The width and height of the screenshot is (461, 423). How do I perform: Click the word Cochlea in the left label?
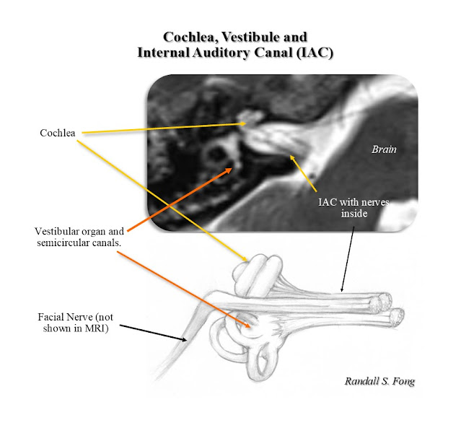point(59,134)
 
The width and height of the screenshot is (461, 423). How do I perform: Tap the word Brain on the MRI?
point(383,149)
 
